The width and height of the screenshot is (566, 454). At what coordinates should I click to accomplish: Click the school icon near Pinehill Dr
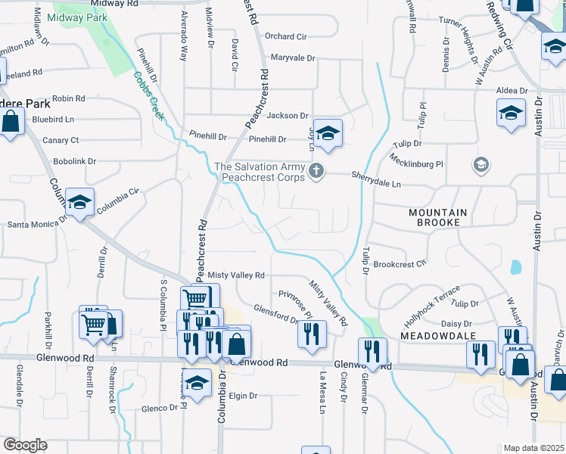click(328, 133)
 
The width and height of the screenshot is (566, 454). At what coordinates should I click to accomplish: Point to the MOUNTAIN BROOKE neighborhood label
click(444, 218)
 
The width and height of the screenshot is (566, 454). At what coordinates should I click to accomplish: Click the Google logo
click(25, 445)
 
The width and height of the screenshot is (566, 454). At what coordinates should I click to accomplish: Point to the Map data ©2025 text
click(533, 448)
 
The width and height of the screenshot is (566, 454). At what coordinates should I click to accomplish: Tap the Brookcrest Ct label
click(400, 265)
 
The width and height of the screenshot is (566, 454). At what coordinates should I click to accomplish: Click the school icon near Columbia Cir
click(79, 202)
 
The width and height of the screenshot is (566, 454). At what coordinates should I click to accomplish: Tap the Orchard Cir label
click(285, 36)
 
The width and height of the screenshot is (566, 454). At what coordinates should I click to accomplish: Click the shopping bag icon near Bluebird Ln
click(11, 121)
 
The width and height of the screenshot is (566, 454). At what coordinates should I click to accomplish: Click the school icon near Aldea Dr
click(511, 113)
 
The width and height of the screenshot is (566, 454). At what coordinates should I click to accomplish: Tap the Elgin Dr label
click(243, 396)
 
